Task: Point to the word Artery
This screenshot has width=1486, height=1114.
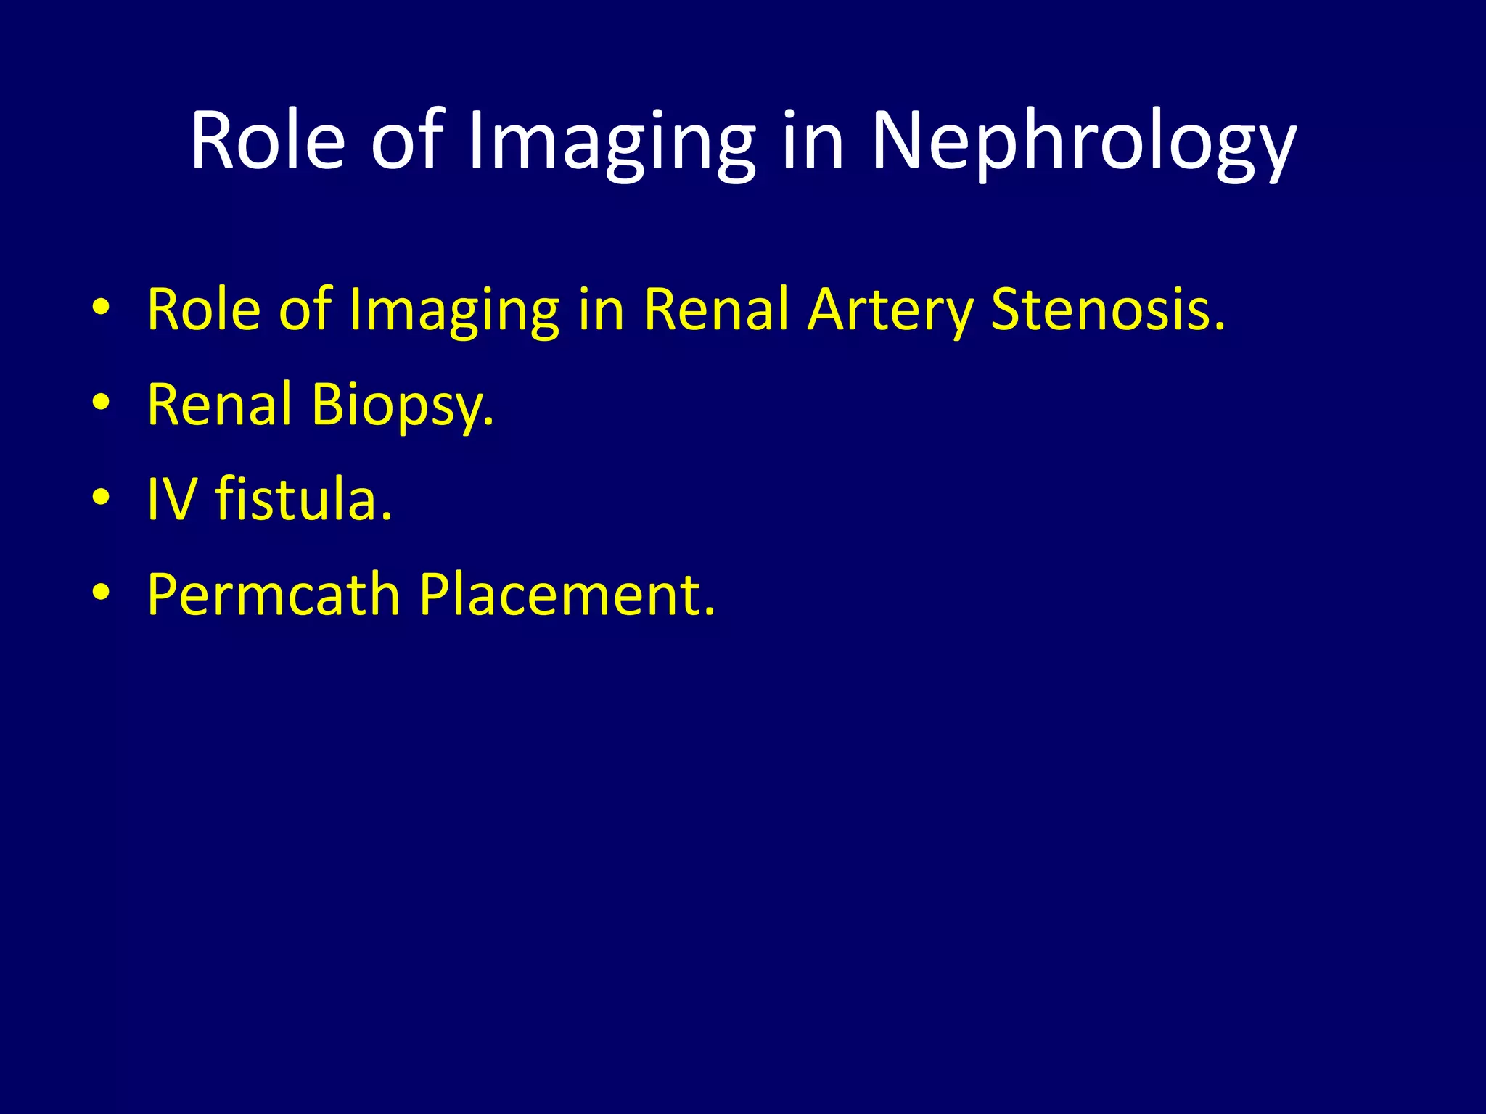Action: tap(890, 312)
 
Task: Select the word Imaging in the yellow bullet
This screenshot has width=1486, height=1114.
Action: tap(454, 312)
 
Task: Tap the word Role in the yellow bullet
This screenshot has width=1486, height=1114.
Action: tap(204, 310)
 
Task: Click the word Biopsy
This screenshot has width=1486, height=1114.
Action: tap(403, 406)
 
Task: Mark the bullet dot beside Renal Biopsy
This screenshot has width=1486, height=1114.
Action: tap(102, 403)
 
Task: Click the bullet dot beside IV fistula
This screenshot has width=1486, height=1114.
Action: tap(102, 498)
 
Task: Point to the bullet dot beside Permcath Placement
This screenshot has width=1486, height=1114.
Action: tap(102, 593)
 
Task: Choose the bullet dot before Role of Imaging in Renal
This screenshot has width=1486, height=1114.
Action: tap(102, 308)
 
